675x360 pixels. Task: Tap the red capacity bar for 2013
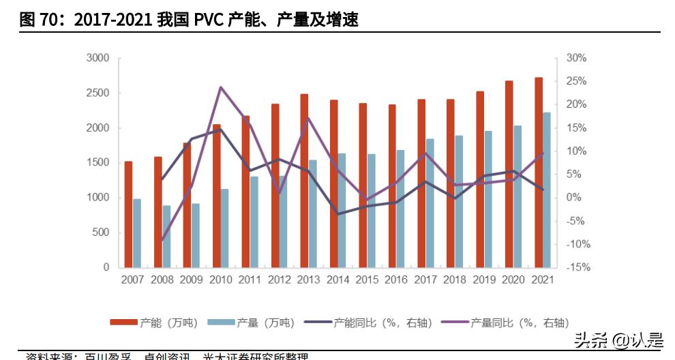click(x=304, y=181)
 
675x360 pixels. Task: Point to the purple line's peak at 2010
click(x=221, y=87)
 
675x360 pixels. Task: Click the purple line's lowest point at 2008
click(x=162, y=241)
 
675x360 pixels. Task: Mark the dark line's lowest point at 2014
click(x=338, y=214)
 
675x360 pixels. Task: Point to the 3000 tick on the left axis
click(x=98, y=59)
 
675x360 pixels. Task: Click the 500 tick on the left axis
click(x=101, y=232)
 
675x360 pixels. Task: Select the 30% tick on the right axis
click(x=576, y=59)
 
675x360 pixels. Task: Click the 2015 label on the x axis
click(x=367, y=280)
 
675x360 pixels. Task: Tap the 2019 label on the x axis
click(x=484, y=280)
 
